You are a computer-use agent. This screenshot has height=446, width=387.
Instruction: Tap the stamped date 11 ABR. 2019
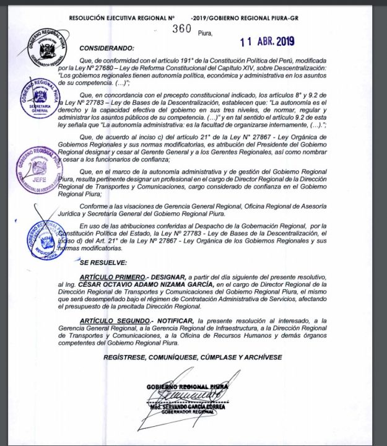point(267,42)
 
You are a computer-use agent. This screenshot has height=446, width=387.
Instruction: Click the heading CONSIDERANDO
point(106,48)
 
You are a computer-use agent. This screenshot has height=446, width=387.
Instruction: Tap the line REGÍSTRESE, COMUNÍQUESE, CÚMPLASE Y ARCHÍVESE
point(193,357)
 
